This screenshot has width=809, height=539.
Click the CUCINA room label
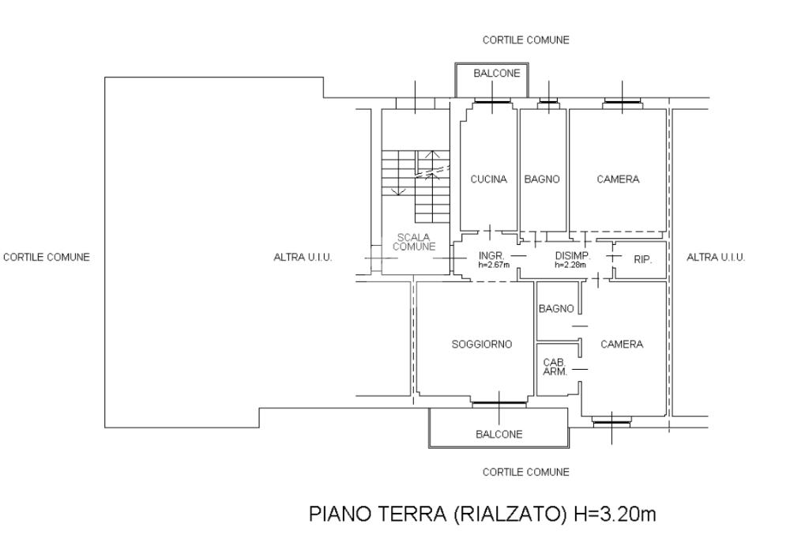tap(488, 179)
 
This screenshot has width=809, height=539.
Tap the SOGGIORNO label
tap(482, 345)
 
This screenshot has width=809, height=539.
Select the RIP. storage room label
tap(642, 260)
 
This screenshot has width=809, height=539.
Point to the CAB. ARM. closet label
tap(555, 367)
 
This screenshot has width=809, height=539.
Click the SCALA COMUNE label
tap(414, 242)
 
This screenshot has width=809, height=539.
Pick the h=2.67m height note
tap(494, 266)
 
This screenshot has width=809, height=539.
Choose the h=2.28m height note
tap(570, 266)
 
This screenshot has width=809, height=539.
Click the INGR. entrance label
tap(491, 256)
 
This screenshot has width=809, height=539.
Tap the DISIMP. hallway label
tap(573, 256)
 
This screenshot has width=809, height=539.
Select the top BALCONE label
tap(497, 73)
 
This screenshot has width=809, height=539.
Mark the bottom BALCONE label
tap(499, 434)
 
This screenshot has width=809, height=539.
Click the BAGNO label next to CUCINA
tap(542, 179)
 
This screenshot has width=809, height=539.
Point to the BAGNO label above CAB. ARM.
tap(556, 309)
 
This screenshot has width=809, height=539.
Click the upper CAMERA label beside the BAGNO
tap(618, 179)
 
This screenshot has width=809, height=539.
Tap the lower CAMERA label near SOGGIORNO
tap(622, 345)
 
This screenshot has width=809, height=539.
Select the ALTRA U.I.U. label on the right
tap(716, 257)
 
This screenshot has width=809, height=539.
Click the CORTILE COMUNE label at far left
tap(47, 257)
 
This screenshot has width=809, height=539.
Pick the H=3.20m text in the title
tap(615, 514)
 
